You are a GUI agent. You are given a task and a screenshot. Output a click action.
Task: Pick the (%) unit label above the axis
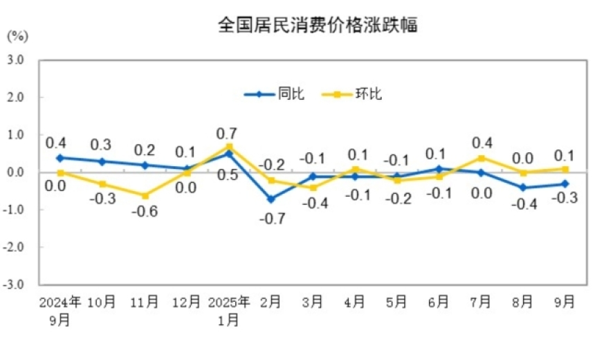point(17,35)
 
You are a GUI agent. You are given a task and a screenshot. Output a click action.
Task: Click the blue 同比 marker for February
point(271,199)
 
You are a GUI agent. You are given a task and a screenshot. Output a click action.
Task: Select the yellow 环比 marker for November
point(145,195)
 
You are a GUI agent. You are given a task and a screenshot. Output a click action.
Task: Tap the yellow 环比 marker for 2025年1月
point(229,147)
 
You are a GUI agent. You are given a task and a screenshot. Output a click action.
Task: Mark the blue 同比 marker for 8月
point(523,188)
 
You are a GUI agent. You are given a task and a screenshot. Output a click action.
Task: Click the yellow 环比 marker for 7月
point(481,158)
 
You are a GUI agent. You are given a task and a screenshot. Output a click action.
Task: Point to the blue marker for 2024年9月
point(60,158)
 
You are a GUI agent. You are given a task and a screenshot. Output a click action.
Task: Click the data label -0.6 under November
point(145,212)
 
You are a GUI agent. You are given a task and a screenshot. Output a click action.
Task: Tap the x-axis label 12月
point(187,302)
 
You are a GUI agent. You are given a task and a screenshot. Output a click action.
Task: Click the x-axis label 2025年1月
point(229,310)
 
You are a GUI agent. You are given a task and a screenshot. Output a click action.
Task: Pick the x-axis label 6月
point(439,302)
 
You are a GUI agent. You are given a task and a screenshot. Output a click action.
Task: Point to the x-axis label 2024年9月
point(60,310)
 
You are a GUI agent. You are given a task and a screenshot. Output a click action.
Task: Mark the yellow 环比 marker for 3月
point(313,188)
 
